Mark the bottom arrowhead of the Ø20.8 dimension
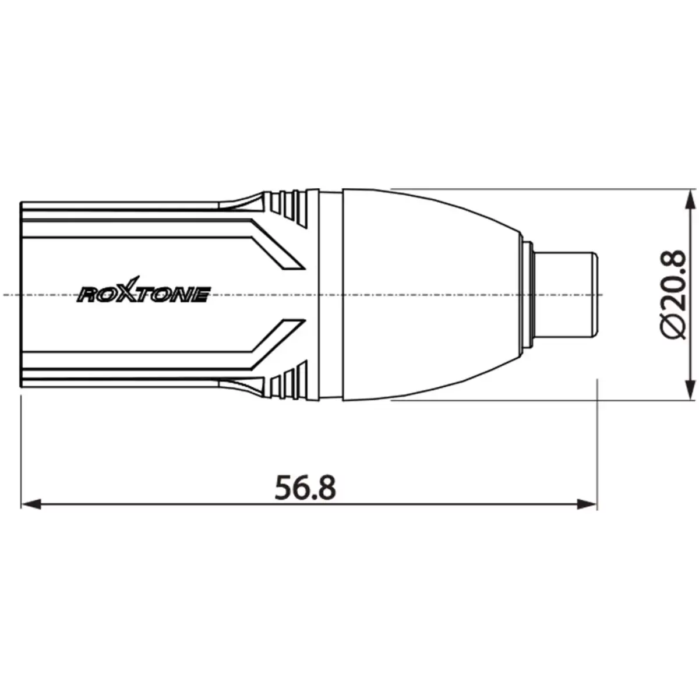click(x=691, y=389)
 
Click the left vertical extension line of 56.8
click(x=21, y=454)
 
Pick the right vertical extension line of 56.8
click(x=598, y=443)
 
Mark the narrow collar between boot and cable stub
click(x=529, y=295)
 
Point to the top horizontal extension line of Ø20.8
click(x=524, y=189)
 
